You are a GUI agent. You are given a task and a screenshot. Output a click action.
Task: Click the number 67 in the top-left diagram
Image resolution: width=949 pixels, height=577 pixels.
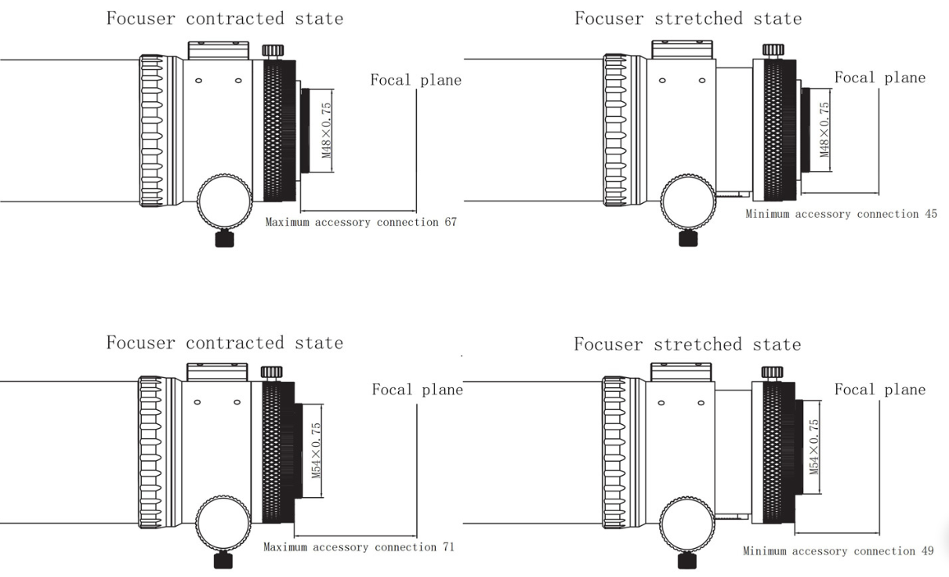(x=450, y=223)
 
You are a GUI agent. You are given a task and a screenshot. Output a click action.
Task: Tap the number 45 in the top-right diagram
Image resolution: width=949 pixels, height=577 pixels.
(x=929, y=214)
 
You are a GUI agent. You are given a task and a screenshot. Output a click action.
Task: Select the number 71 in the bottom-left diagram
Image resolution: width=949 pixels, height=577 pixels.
(x=447, y=547)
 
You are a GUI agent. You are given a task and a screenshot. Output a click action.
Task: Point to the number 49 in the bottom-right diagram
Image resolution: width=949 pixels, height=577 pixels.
(x=926, y=551)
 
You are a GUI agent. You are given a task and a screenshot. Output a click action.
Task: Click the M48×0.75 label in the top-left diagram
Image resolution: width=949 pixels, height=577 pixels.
(x=328, y=129)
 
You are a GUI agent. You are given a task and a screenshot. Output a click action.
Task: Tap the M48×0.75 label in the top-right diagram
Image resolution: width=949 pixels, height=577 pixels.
(x=825, y=129)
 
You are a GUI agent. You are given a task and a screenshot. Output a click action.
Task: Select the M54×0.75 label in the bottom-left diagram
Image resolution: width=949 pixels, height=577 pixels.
(x=317, y=452)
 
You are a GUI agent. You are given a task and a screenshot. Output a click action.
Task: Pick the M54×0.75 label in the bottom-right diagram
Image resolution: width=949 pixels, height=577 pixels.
(x=814, y=447)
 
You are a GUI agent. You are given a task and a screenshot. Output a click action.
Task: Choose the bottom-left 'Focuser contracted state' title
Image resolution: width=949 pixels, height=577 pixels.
(x=225, y=343)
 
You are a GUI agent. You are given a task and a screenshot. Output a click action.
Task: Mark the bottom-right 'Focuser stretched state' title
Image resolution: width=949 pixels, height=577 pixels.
(x=687, y=344)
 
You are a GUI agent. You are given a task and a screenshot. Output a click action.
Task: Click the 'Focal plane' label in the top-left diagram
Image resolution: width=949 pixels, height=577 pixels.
(x=416, y=80)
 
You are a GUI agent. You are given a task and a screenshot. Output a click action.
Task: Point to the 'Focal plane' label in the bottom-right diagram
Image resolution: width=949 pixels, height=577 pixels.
(x=880, y=390)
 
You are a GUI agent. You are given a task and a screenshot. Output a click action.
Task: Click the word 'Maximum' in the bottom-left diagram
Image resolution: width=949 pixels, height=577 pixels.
(x=286, y=547)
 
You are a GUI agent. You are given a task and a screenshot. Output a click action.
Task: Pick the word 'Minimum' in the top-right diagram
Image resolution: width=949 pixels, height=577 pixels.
(x=768, y=214)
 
